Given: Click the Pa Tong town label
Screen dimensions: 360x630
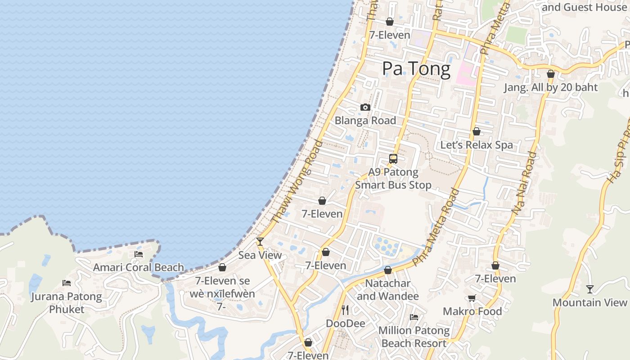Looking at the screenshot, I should click(x=416, y=69).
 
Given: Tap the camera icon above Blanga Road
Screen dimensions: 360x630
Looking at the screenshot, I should click(x=365, y=108).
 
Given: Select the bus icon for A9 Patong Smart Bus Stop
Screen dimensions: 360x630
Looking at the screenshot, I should click(x=393, y=159).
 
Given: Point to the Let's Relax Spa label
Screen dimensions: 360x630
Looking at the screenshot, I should click(x=477, y=145).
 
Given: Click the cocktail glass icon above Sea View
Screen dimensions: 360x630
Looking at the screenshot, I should click(x=260, y=242).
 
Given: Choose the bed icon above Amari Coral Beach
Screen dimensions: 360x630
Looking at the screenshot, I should click(x=139, y=254).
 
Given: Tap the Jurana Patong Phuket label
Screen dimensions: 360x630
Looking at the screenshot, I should click(x=67, y=303).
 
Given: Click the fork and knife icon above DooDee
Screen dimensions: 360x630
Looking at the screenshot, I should click(x=345, y=310).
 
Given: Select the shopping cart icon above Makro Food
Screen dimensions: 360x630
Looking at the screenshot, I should click(x=472, y=298).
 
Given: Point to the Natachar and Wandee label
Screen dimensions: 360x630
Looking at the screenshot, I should click(x=388, y=290).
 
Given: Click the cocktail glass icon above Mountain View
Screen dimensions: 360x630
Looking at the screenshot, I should click(x=589, y=289).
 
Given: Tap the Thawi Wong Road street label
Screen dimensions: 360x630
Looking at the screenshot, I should click(x=297, y=182).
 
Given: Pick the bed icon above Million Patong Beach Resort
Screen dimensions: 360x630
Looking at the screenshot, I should click(x=414, y=317).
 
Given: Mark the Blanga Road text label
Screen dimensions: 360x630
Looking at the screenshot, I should click(x=365, y=121).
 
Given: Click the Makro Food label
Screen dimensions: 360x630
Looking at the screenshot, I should click(x=472, y=311).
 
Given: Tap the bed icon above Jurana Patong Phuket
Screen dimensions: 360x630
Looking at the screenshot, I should click(x=67, y=283).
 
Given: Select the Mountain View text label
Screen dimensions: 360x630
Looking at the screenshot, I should click(x=589, y=302).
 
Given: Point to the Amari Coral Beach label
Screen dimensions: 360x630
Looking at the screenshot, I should click(x=139, y=267).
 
